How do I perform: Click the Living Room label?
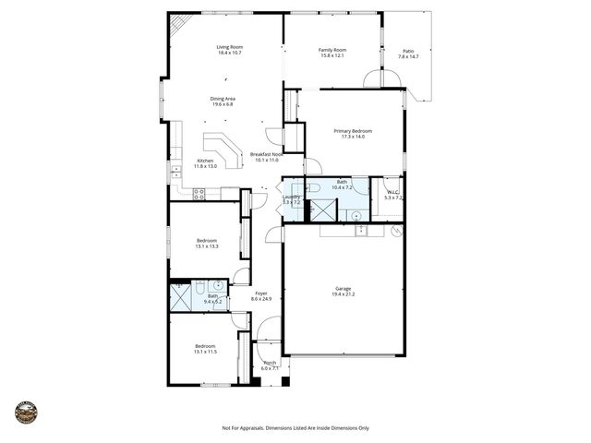229,47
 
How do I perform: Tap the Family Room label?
332,50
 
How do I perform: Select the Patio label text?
408,51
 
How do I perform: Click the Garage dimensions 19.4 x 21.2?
344,294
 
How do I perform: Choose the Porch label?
271,363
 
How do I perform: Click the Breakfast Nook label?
265,154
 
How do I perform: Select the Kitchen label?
205,161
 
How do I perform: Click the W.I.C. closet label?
392,192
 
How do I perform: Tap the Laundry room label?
292,197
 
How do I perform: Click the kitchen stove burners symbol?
198,193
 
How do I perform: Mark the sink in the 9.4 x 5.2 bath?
218,287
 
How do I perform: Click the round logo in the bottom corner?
26,412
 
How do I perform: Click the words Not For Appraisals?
243,428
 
